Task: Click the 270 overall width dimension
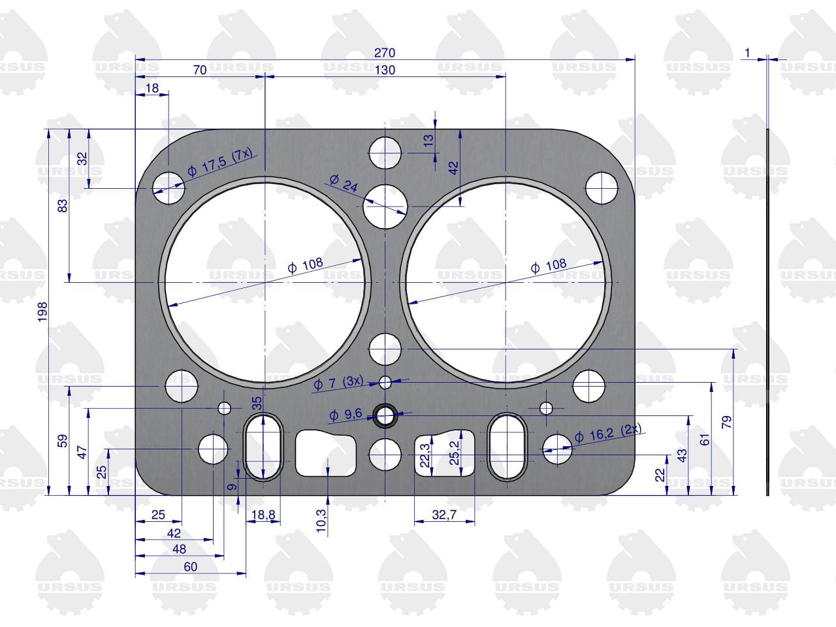385,53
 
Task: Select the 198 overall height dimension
42,312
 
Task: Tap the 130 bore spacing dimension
385,70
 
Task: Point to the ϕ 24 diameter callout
344,183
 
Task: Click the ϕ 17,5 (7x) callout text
219,163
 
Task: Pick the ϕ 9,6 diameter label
346,414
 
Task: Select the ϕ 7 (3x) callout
338,383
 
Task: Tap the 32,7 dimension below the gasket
444,515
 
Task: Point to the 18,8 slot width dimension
263,515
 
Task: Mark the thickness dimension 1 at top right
747,53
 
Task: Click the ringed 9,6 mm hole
385,415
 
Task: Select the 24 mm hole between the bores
385,206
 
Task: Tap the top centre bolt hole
385,153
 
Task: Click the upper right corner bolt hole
602,188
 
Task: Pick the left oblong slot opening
263,447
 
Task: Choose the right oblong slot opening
507,447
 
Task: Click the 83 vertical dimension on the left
63,206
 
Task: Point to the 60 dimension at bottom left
191,567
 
